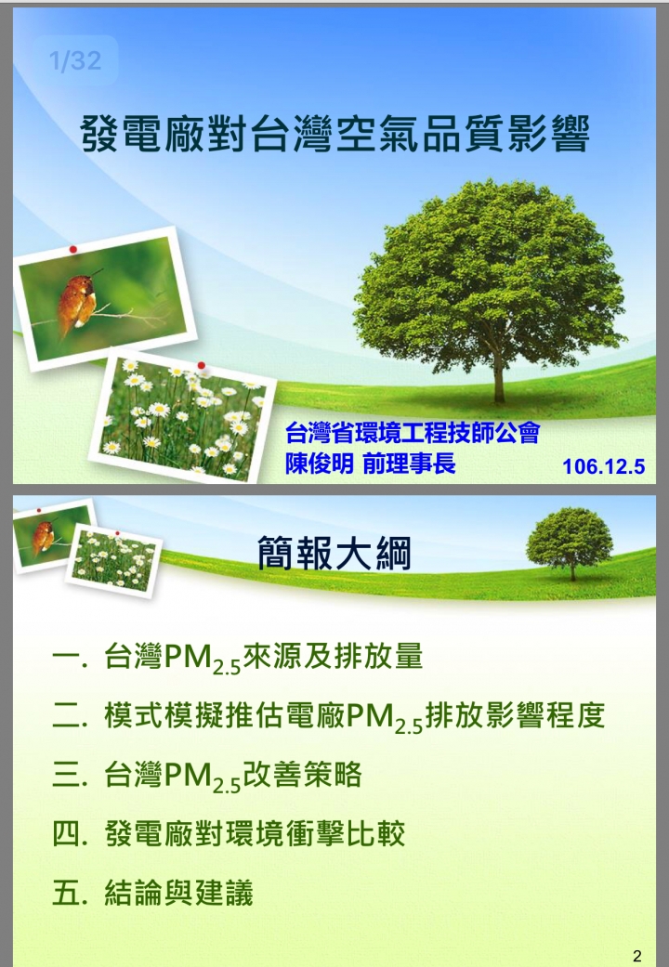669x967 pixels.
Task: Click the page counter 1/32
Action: point(74,60)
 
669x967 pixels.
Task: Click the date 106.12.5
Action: point(603,466)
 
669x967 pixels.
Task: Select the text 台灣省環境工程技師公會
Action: point(413,433)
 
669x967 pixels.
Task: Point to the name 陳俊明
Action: point(319,464)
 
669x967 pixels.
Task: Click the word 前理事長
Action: point(409,464)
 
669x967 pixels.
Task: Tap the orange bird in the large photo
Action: point(77,302)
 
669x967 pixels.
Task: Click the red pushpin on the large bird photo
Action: point(72,249)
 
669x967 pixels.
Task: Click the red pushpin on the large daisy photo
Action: point(202,366)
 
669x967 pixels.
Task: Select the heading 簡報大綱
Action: point(334,554)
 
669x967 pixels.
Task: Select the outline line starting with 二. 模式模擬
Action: point(328,716)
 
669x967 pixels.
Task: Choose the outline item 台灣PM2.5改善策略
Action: point(232,776)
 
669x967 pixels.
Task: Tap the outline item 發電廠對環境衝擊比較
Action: point(255,834)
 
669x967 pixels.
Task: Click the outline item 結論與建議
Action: point(179,893)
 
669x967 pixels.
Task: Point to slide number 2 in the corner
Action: point(636,956)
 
